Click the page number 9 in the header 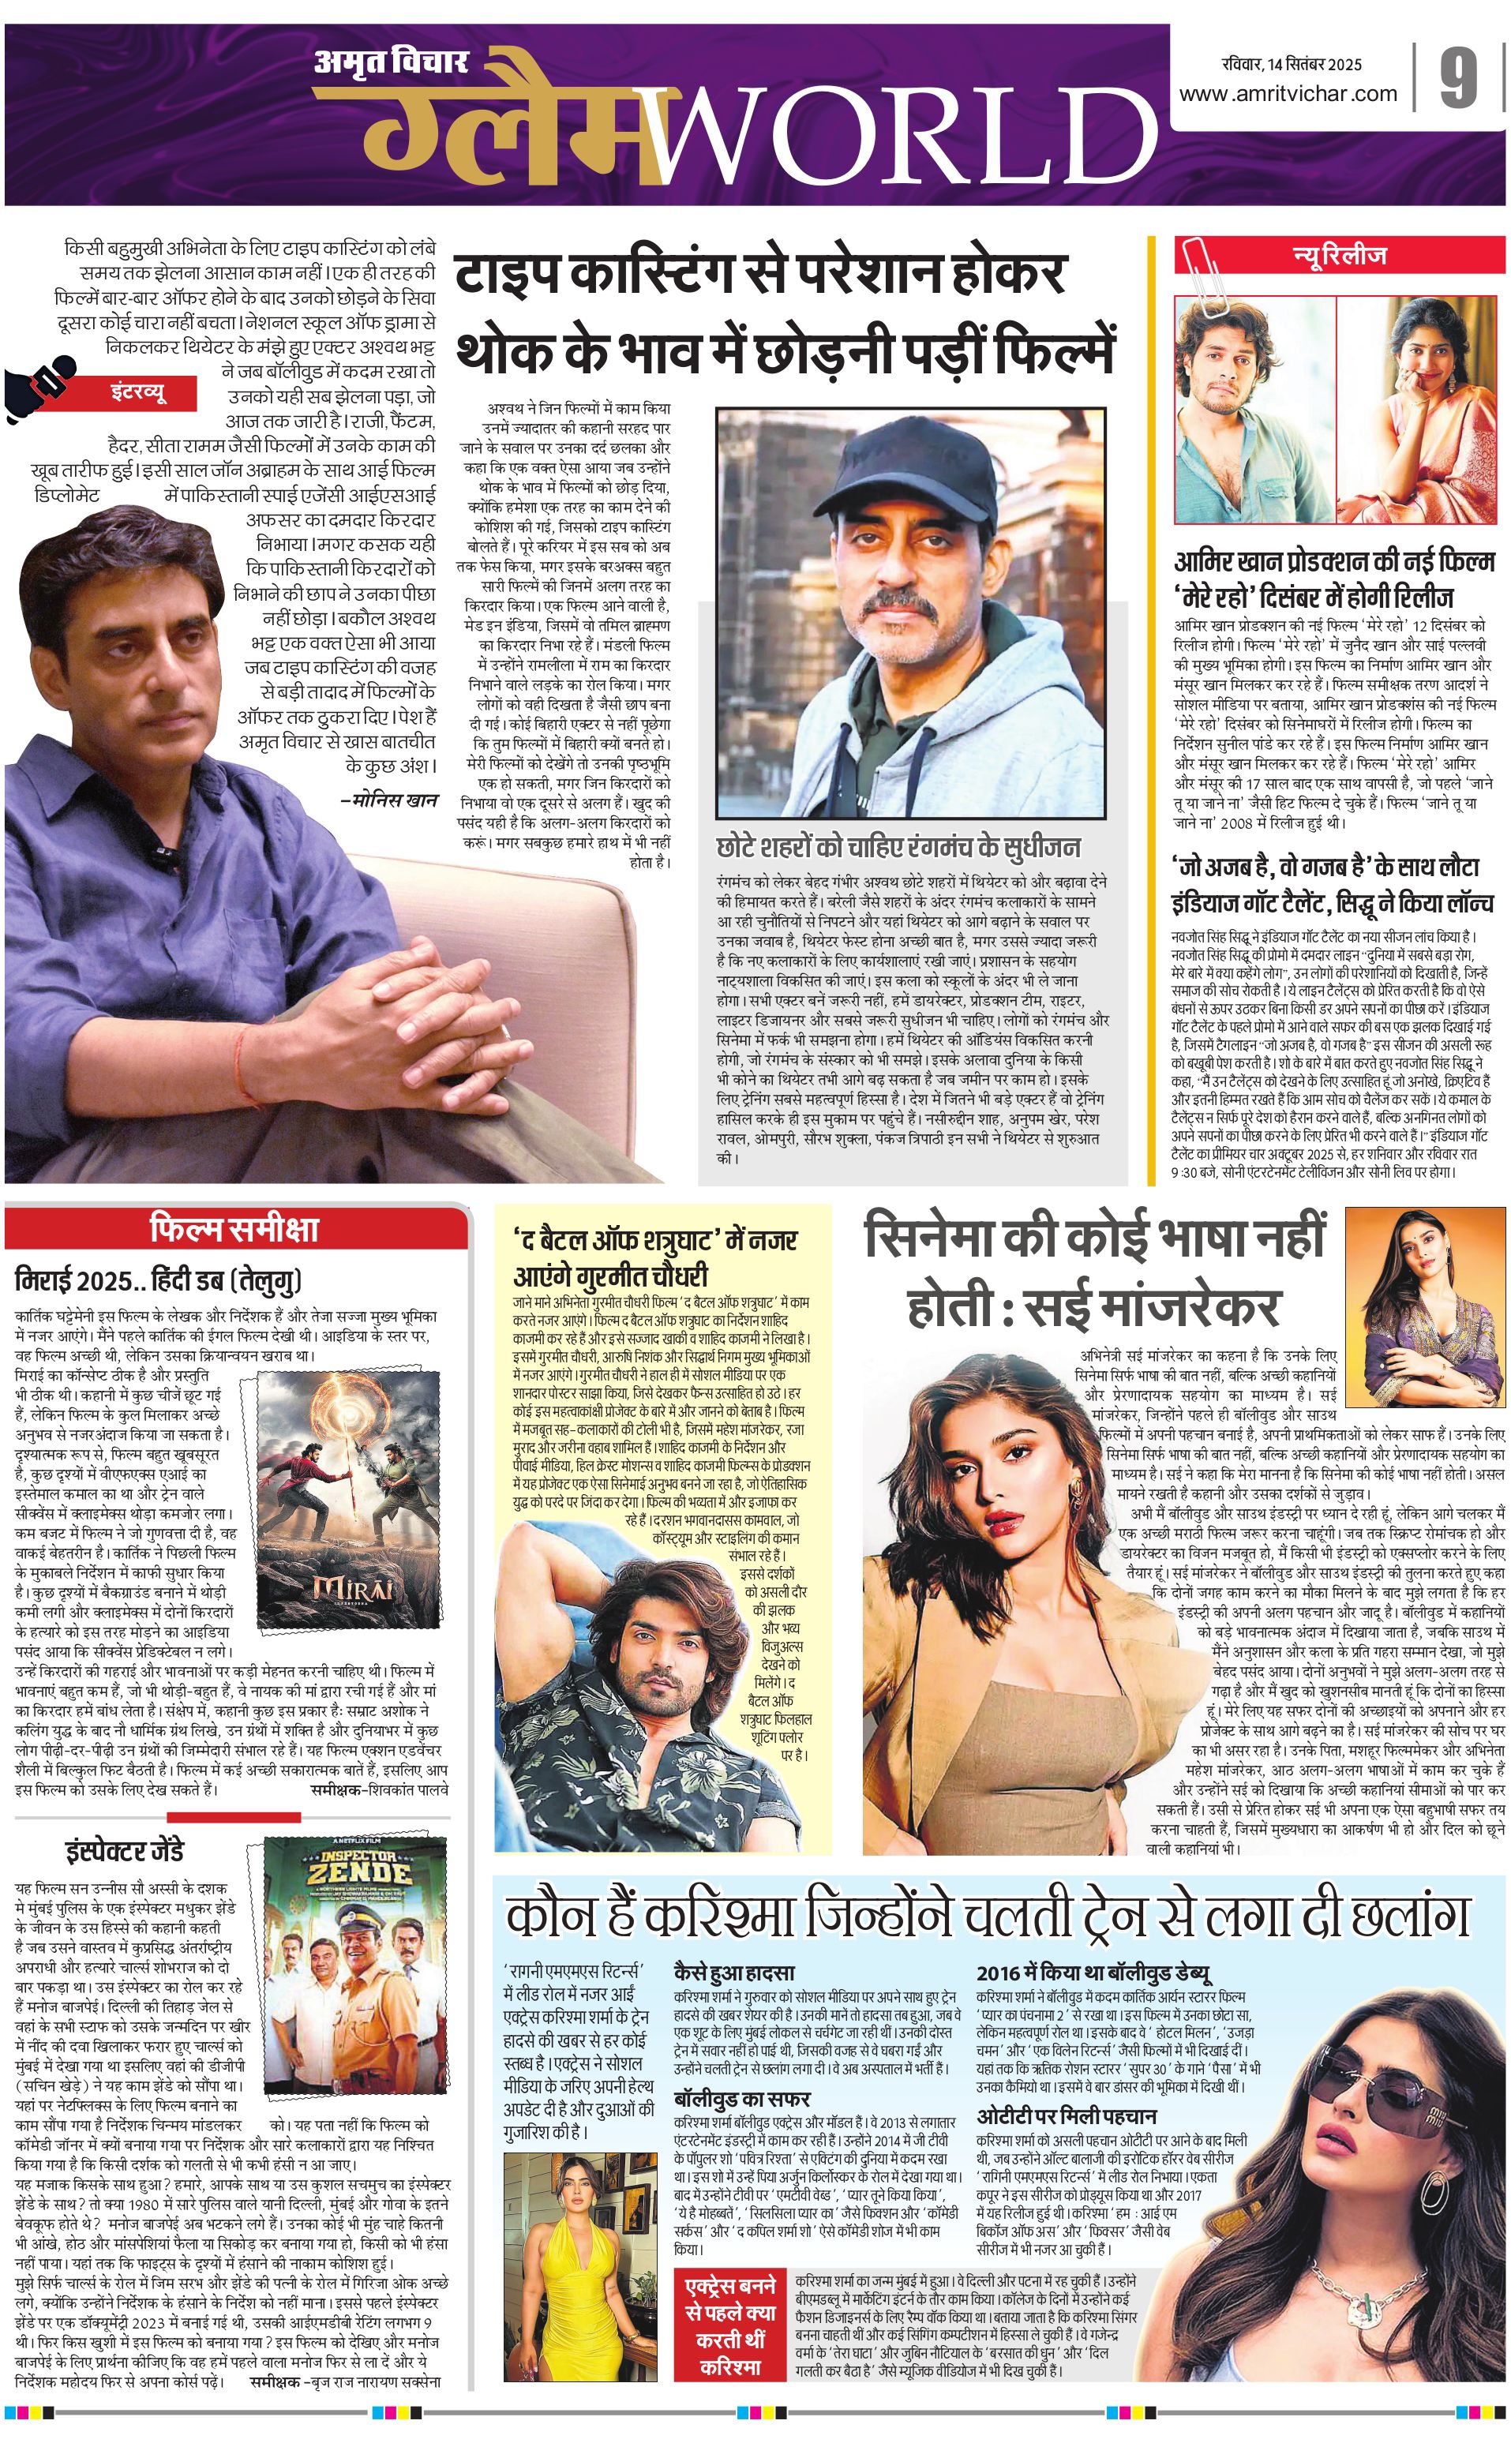[1457, 79]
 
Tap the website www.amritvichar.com [1288, 94]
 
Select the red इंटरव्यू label [138, 392]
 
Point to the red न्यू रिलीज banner [1340, 256]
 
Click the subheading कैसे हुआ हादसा [734, 1973]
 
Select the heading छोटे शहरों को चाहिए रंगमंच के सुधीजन [898, 847]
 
